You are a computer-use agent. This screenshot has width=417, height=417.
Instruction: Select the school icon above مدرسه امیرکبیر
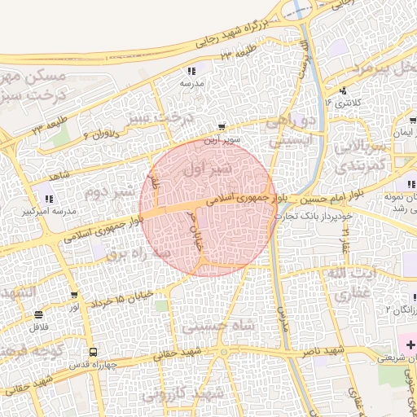49,199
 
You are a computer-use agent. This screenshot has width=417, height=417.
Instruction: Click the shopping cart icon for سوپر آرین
223,127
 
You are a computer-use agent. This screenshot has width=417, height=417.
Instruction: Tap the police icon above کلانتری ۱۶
344,90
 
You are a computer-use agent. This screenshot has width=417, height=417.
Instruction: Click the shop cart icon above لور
74,295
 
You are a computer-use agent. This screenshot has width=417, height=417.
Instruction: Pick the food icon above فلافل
39,314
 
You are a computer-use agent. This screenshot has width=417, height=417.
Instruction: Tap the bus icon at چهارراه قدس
94,353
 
